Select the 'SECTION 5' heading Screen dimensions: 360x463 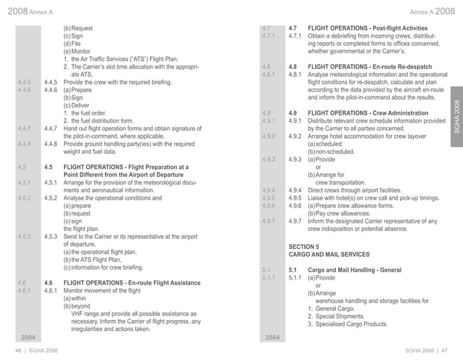pos(306,247)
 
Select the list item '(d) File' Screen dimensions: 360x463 pos(73,44)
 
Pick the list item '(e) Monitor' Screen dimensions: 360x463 pos(78,52)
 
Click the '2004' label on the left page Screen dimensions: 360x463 pos(28,338)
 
